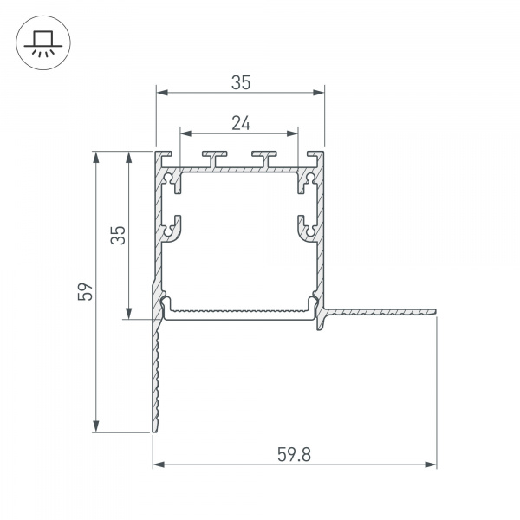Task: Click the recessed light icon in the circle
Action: point(43,42)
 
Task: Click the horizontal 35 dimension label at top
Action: point(241,82)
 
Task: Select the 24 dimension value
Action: point(241,123)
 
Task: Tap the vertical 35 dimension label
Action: point(118,235)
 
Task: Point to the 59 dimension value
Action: point(85,291)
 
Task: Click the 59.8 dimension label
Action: point(294,454)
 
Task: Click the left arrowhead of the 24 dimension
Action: point(185,133)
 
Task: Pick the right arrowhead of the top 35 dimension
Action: point(318,93)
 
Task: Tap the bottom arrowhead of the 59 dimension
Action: point(96,426)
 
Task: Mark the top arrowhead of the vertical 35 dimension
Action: point(128,158)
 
